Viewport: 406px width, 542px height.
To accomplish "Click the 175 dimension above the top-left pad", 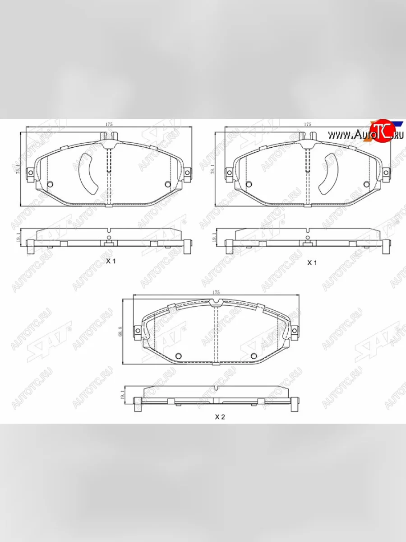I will [109, 124].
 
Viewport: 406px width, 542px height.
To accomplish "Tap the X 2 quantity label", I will [219, 417].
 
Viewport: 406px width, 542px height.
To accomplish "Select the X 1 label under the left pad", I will [111, 262].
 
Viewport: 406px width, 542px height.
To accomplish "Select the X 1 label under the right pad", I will [312, 262].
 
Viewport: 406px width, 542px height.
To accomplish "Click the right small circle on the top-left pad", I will [168, 184].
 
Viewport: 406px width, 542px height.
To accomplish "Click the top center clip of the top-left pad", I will [108, 135].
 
